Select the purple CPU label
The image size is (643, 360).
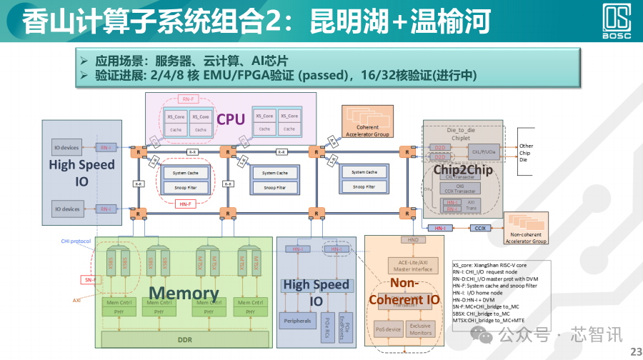[231, 119]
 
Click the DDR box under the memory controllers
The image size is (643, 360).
[184, 339]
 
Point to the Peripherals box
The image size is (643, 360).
[297, 321]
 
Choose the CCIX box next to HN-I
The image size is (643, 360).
[479, 228]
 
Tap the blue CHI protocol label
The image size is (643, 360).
[76, 241]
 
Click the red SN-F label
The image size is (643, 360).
[89, 280]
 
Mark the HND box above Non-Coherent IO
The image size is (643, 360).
[412, 240]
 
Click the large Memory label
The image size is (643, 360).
[184, 293]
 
